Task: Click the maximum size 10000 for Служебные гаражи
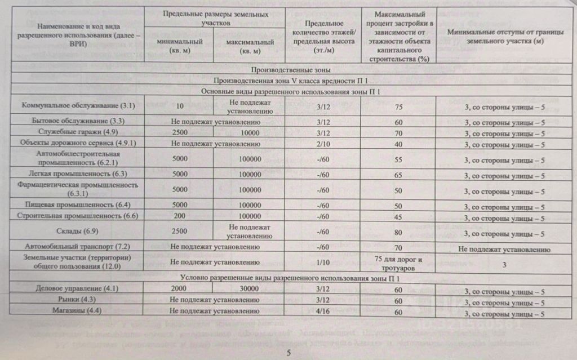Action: pos(250,133)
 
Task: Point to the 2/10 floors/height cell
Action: pos(323,144)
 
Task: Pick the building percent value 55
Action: pos(398,160)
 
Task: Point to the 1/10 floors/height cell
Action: pos(323,262)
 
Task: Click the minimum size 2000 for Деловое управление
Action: pos(180,288)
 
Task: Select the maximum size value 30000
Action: pos(250,288)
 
